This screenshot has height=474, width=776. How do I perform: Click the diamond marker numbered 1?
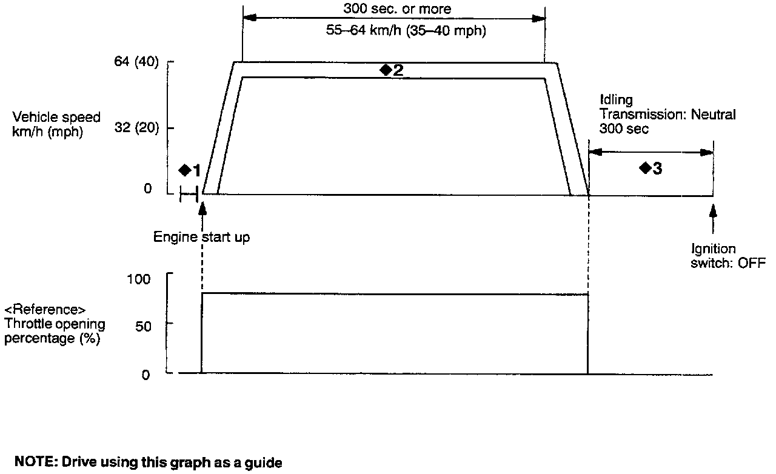(186, 170)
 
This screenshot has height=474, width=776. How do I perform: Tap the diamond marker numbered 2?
(386, 70)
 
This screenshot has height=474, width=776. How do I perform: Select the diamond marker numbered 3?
(645, 168)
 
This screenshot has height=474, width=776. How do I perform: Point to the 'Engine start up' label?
(201, 237)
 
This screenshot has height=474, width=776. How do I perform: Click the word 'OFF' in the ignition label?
(753, 262)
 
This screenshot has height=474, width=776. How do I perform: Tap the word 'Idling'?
(616, 99)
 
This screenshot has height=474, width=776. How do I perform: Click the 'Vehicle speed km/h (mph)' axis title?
(52, 124)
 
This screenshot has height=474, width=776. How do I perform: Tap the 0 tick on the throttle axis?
(145, 374)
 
